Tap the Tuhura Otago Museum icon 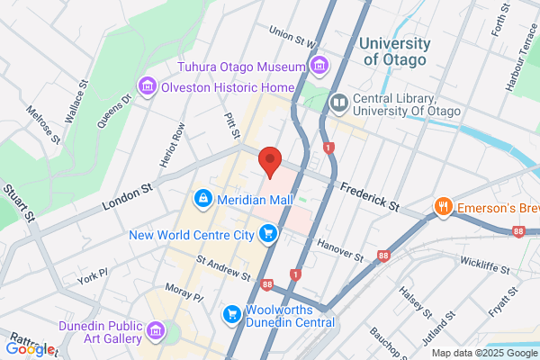point(318,65)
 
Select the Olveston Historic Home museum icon point(147,86)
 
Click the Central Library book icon point(339,104)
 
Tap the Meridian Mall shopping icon point(202,197)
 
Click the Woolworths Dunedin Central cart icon point(230,315)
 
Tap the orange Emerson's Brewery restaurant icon point(443,208)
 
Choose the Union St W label point(293,38)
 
